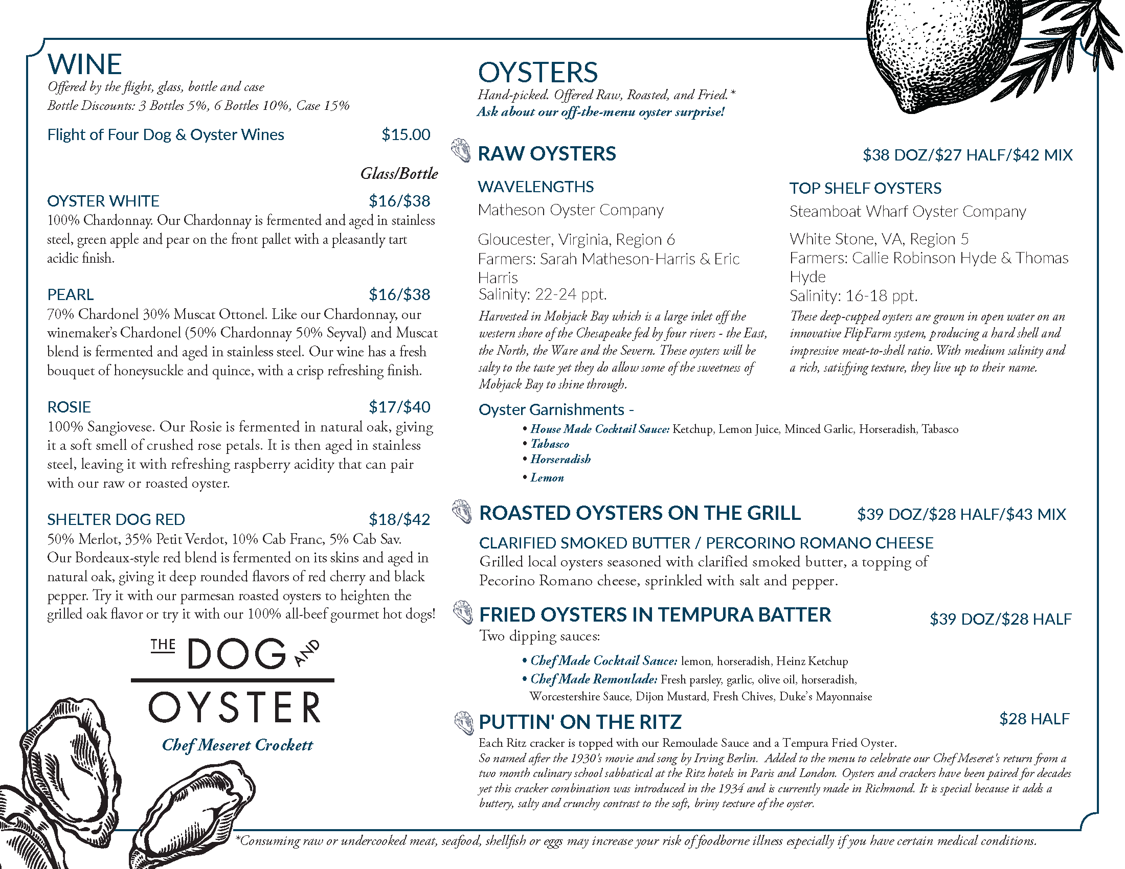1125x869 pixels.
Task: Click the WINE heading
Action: (x=84, y=64)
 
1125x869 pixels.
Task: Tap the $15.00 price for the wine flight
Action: (x=406, y=135)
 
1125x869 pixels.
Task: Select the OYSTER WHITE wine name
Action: (x=103, y=201)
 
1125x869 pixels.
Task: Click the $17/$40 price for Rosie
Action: (x=399, y=407)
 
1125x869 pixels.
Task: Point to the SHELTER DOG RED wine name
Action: (x=116, y=519)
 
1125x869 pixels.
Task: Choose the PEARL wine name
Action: (x=70, y=294)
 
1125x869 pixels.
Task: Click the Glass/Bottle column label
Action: (x=399, y=173)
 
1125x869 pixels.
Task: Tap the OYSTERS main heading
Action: (x=538, y=73)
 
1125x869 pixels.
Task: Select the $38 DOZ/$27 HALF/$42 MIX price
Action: (x=967, y=155)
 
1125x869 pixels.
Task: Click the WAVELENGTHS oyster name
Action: (x=536, y=187)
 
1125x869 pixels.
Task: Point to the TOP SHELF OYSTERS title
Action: (x=865, y=189)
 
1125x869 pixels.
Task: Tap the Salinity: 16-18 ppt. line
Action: (x=853, y=296)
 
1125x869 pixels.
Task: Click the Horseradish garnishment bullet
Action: (x=560, y=459)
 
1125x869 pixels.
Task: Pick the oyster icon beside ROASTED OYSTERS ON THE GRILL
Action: (x=462, y=512)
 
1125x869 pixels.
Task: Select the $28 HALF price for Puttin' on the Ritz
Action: (x=1034, y=719)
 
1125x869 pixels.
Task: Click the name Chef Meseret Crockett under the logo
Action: (x=237, y=745)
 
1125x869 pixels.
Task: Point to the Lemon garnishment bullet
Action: (x=547, y=478)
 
